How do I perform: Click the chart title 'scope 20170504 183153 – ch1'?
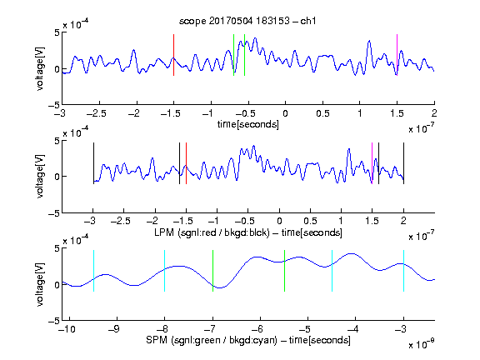point(247,21)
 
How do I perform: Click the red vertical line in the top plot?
point(174,55)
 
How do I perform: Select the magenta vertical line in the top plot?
point(397,55)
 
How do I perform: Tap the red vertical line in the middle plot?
point(186,163)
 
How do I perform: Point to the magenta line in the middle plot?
point(372,163)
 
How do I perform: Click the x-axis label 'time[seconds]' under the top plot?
point(248,124)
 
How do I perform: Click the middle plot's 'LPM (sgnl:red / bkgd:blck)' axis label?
point(212,232)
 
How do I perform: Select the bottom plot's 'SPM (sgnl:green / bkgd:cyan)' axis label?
point(212,340)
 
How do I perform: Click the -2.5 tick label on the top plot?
point(97,113)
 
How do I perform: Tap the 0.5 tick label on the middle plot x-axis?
point(310,221)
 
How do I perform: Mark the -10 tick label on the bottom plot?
point(66,329)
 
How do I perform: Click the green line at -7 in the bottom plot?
point(212,271)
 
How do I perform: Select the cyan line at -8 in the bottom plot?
point(165,271)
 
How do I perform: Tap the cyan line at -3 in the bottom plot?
point(404,271)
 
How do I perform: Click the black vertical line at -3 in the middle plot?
point(93,163)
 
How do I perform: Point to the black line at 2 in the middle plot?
point(404,163)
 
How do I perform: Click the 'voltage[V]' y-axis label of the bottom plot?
point(40,284)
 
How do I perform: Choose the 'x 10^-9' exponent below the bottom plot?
point(422,343)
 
